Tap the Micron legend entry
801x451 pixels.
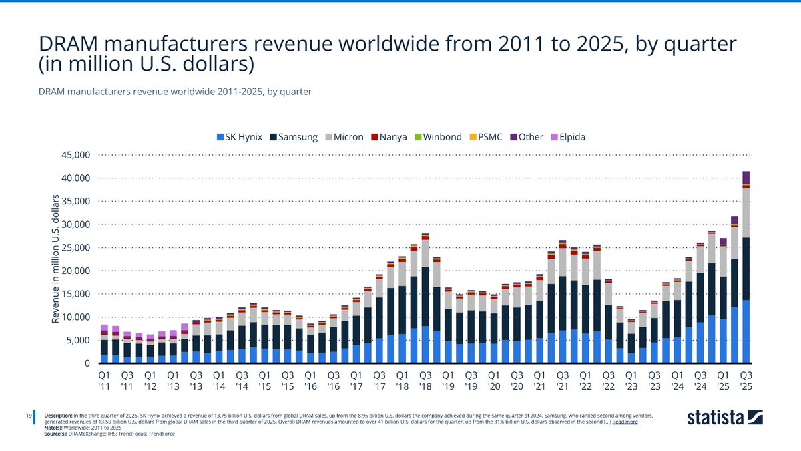[345, 137]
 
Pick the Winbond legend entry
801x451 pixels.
[438, 137]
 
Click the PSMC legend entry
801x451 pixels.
[488, 137]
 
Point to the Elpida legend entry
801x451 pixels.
[569, 137]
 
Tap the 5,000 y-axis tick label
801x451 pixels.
[77, 341]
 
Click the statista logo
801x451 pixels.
[725, 418]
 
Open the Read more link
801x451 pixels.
[625, 422]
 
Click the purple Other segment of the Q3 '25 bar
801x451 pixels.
[746, 178]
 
